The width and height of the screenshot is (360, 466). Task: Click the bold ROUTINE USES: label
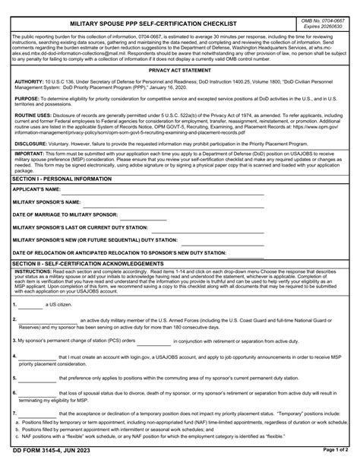click(x=33, y=116)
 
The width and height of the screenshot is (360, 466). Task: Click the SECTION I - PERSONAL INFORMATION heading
click(x=62, y=178)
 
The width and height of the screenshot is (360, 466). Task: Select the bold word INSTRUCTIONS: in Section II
click(x=33, y=271)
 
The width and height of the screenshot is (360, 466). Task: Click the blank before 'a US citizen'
click(x=30, y=305)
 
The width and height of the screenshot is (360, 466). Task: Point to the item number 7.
click(x=14, y=413)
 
